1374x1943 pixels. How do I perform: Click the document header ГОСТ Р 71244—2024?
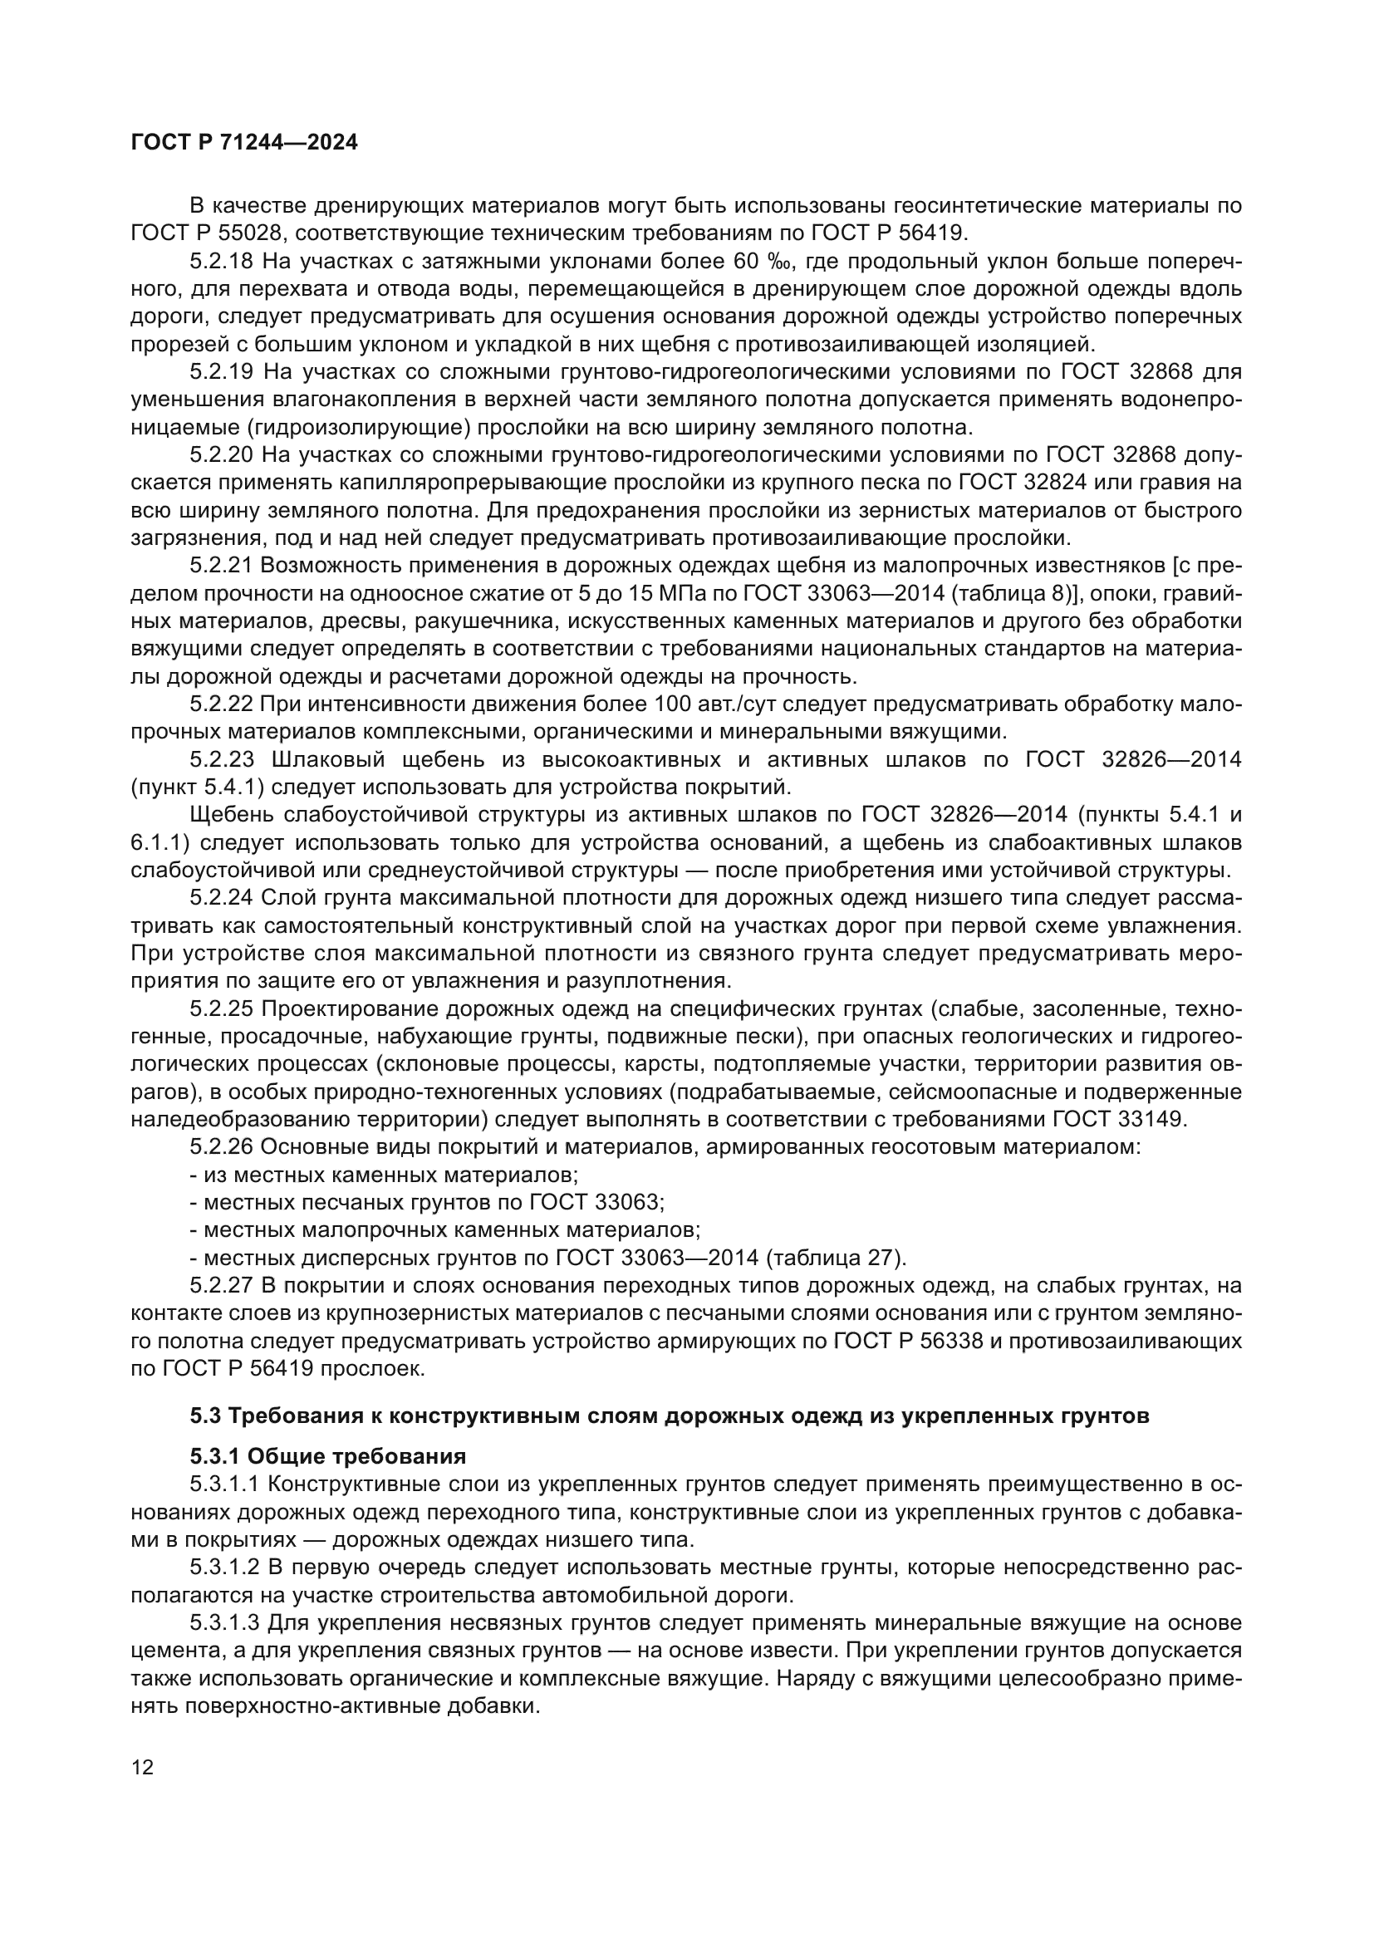tap(244, 142)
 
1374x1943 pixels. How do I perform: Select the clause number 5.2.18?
tap(222, 261)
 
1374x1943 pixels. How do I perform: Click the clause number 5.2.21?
tap(222, 566)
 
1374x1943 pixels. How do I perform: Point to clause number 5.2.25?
tap(222, 1008)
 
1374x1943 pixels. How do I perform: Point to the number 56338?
tap(950, 1341)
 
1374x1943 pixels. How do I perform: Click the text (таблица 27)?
tap(835, 1258)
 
